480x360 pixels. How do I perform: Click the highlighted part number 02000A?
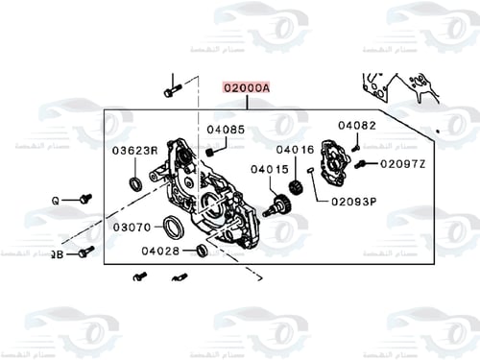[x=247, y=86]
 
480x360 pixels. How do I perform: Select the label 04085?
[x=226, y=129]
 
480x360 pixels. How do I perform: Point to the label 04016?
[x=295, y=150]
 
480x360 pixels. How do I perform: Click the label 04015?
[x=270, y=170]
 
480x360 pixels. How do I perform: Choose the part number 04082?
[x=356, y=125]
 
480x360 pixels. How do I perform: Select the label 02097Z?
[x=404, y=164]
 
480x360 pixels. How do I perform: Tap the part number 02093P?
[x=354, y=202]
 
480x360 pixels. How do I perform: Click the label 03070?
[x=132, y=228]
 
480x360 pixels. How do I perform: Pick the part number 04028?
[x=160, y=251]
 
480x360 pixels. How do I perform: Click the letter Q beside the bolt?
[x=56, y=200]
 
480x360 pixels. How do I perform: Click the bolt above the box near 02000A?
[x=172, y=91]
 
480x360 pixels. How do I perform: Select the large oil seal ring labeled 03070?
[x=174, y=228]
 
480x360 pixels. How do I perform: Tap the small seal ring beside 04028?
[x=202, y=251]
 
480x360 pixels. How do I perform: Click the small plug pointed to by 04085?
[x=210, y=151]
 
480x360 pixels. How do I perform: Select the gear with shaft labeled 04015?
[x=278, y=204]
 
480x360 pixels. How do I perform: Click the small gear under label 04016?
[x=298, y=186]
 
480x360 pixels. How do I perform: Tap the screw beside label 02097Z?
[x=360, y=165]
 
